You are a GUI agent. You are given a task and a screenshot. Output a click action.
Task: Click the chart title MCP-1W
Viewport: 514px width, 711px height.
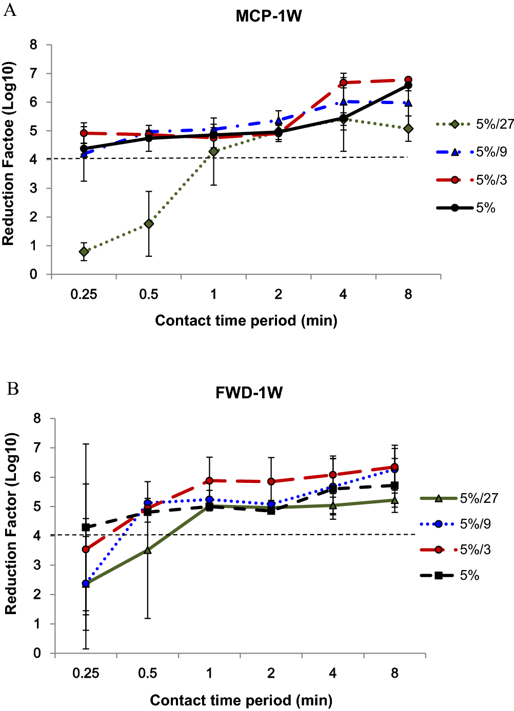pyautogui.click(x=268, y=16)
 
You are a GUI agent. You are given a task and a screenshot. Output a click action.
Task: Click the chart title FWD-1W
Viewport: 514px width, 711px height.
pyautogui.click(x=249, y=393)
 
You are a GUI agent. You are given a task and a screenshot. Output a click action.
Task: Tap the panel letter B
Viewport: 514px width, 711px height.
pyautogui.click(x=12, y=389)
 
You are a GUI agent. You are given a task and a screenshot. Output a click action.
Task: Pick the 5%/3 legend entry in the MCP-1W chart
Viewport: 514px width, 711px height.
pyautogui.click(x=472, y=180)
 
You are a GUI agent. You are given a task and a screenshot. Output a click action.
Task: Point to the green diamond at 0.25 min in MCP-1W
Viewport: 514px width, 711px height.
pyautogui.click(x=84, y=252)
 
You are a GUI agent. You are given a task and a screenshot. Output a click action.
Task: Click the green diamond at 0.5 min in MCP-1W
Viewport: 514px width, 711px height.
pyautogui.click(x=149, y=224)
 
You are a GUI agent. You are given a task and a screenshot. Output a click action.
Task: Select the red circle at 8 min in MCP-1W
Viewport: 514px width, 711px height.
pyautogui.click(x=408, y=80)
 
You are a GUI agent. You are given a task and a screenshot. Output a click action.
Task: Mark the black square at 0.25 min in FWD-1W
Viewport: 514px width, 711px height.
pyautogui.click(x=86, y=527)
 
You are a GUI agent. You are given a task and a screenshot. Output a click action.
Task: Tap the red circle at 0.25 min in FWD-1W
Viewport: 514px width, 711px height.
pyautogui.click(x=86, y=550)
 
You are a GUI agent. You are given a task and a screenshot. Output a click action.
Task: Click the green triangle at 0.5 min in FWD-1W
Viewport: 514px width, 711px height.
pyautogui.click(x=148, y=551)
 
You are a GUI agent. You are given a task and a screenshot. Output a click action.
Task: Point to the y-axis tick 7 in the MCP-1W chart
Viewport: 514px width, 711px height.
pyautogui.click(x=33, y=74)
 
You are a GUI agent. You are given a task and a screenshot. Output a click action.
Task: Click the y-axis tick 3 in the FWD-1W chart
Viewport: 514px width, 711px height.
pyautogui.click(x=37, y=565)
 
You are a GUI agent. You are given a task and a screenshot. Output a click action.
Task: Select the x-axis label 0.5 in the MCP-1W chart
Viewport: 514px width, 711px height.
pyautogui.click(x=149, y=295)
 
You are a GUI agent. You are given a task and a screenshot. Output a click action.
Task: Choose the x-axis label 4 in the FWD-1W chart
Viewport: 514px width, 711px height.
pyautogui.click(x=333, y=674)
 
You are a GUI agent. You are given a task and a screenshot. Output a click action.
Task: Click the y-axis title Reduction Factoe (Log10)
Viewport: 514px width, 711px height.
pyautogui.click(x=8, y=154)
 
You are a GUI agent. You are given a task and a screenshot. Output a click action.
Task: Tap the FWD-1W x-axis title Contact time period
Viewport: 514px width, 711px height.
pyautogui.click(x=241, y=700)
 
